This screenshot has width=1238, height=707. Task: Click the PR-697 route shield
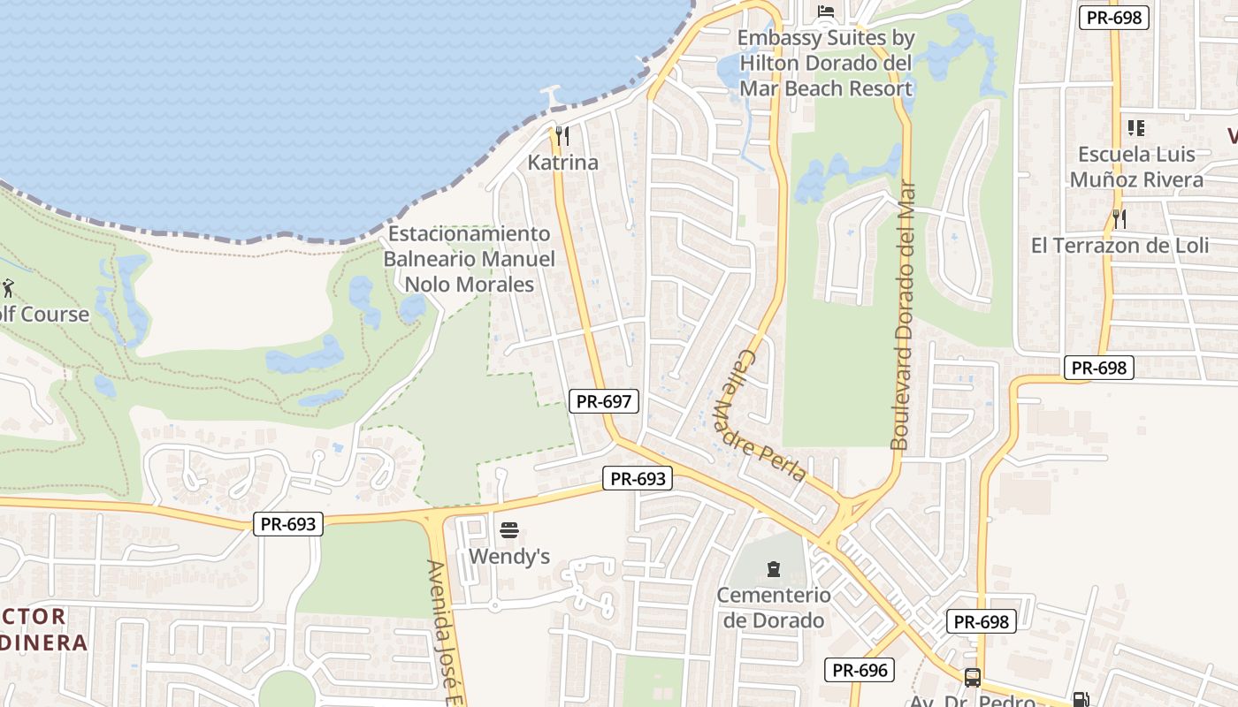coord(603,401)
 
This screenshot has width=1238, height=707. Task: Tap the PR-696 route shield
coord(860,670)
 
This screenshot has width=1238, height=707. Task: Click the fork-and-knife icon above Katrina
coord(562,136)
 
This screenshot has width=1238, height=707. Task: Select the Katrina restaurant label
coord(562,163)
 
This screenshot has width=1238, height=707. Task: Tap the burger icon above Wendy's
coord(509,530)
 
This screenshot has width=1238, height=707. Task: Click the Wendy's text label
coord(509,556)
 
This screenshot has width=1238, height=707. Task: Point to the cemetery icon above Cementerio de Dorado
coord(774,568)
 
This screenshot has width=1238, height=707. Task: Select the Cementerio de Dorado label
coord(774,607)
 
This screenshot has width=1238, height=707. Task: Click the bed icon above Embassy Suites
coord(826,11)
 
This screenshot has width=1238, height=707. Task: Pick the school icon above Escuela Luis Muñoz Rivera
coord(1136,128)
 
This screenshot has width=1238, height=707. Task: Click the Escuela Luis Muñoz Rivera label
coord(1136,167)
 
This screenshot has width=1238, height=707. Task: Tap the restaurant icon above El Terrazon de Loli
coord(1120,218)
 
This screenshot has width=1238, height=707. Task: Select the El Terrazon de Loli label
coord(1120,245)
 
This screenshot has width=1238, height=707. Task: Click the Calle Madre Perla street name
coord(770,416)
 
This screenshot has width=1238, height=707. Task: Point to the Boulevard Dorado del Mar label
coord(902,315)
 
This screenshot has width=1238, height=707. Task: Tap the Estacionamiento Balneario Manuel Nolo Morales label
coord(469,259)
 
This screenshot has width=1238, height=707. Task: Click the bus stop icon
coord(972,678)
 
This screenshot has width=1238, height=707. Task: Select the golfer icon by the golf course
coord(9,288)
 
